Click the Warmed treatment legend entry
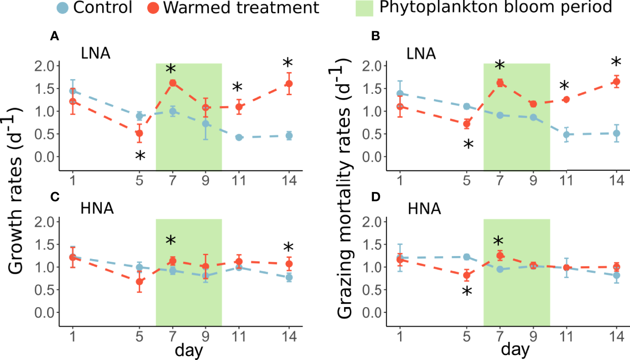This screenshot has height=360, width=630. pyautogui.click(x=233, y=8)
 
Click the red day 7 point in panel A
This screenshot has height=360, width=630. pyautogui.click(x=173, y=83)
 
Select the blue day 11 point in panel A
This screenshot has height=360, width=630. pyautogui.click(x=239, y=137)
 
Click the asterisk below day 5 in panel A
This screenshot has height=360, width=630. pyautogui.click(x=140, y=156)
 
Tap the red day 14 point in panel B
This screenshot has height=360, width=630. pyautogui.click(x=616, y=81)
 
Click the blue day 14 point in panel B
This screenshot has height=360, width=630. pyautogui.click(x=616, y=133)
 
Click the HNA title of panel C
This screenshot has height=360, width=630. pyautogui.click(x=98, y=209)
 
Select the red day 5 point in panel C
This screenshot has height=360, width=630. pyautogui.click(x=140, y=281)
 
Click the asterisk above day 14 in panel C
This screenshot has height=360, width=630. pyautogui.click(x=289, y=248)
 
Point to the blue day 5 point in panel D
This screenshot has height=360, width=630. pyautogui.click(x=467, y=257)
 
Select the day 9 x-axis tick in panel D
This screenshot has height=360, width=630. pyautogui.click(x=533, y=334)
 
